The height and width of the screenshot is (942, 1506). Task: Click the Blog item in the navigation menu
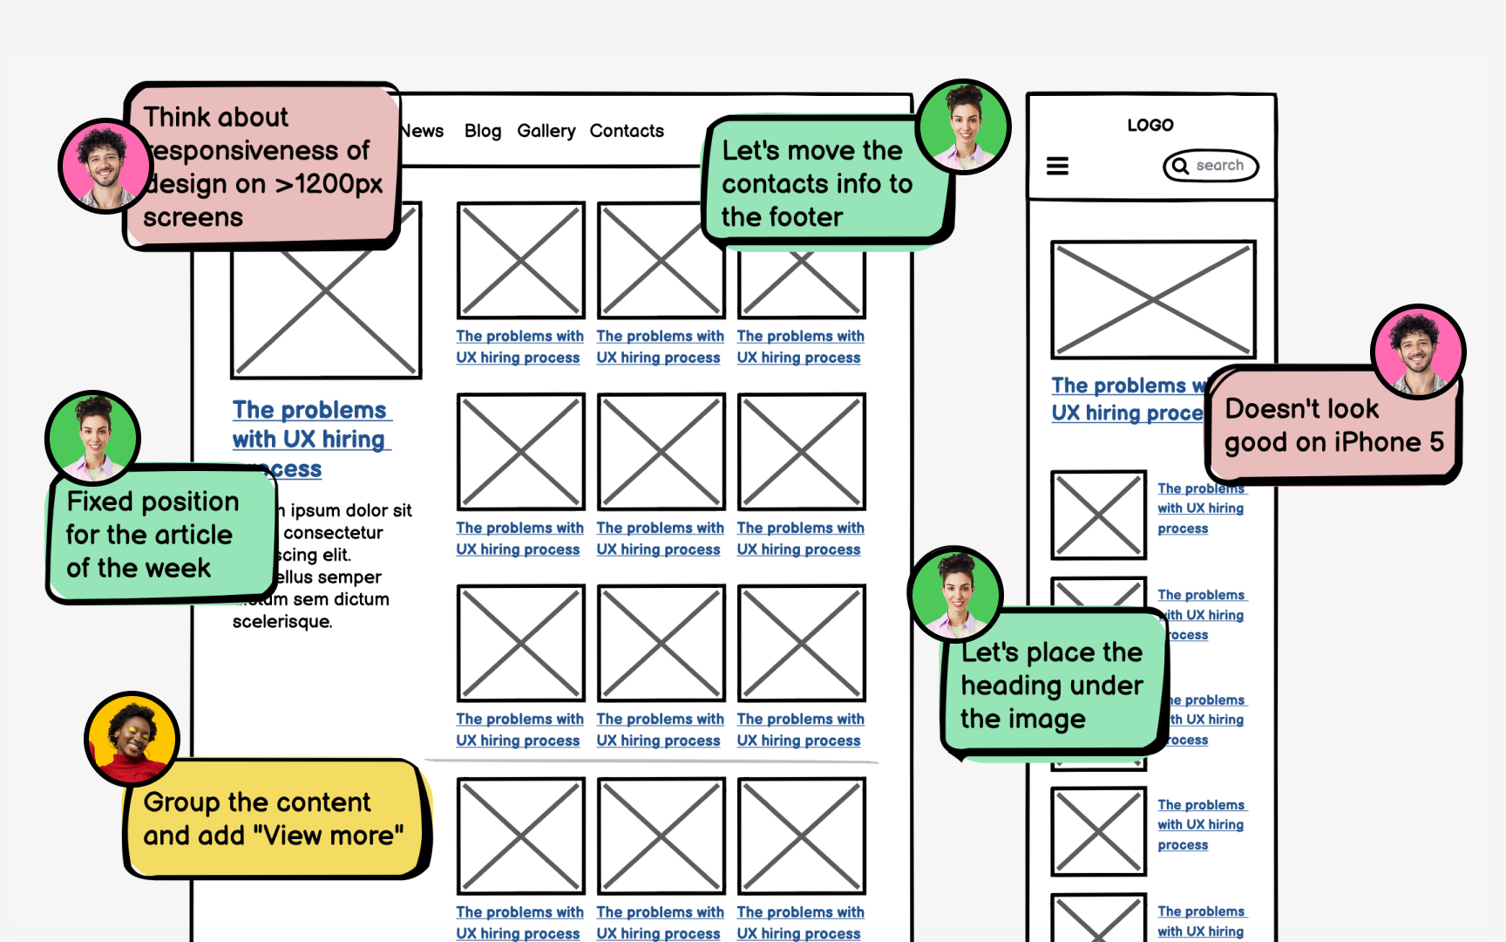483,131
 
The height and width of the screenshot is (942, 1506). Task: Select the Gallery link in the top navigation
546,131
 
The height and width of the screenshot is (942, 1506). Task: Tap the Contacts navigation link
627,131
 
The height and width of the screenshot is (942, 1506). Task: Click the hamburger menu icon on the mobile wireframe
1057,166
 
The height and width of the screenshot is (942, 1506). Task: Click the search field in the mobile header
1211,166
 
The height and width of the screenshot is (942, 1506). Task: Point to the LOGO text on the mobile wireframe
1150,126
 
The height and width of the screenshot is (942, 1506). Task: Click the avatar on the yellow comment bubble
132,740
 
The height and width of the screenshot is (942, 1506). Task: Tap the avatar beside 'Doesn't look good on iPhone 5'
1418,352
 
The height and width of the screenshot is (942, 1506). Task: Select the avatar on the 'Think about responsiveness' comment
105,166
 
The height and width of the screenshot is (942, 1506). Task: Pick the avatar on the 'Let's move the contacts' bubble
963,126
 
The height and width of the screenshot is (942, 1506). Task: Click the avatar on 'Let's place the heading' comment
955,594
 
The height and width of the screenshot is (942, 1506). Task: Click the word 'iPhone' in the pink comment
1377,442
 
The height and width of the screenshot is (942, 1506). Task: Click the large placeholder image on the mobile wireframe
1153,299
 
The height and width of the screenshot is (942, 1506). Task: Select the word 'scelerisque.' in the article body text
282,622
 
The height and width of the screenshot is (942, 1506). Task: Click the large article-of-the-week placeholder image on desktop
327,314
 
